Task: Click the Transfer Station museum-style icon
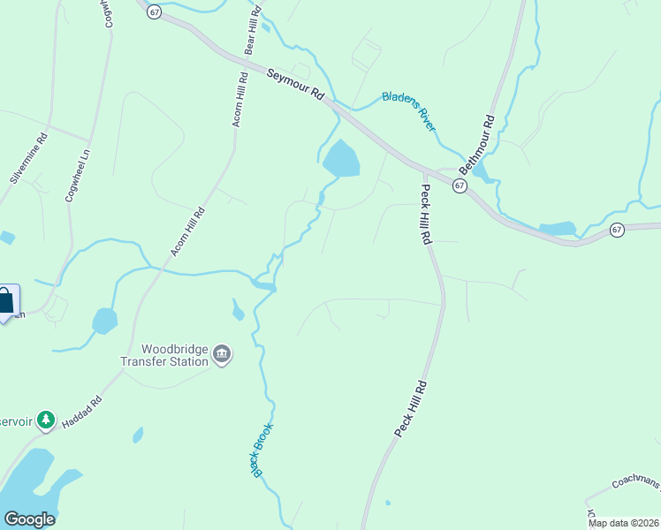coord(222,355)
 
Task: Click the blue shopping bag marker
coord(5,302)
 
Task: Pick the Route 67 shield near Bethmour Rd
coord(460,185)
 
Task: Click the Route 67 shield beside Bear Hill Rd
coord(155,11)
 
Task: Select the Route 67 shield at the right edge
coord(617,230)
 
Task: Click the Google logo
coord(29,519)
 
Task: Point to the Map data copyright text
coord(624,523)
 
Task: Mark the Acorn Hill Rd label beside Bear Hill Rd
coord(238,101)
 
